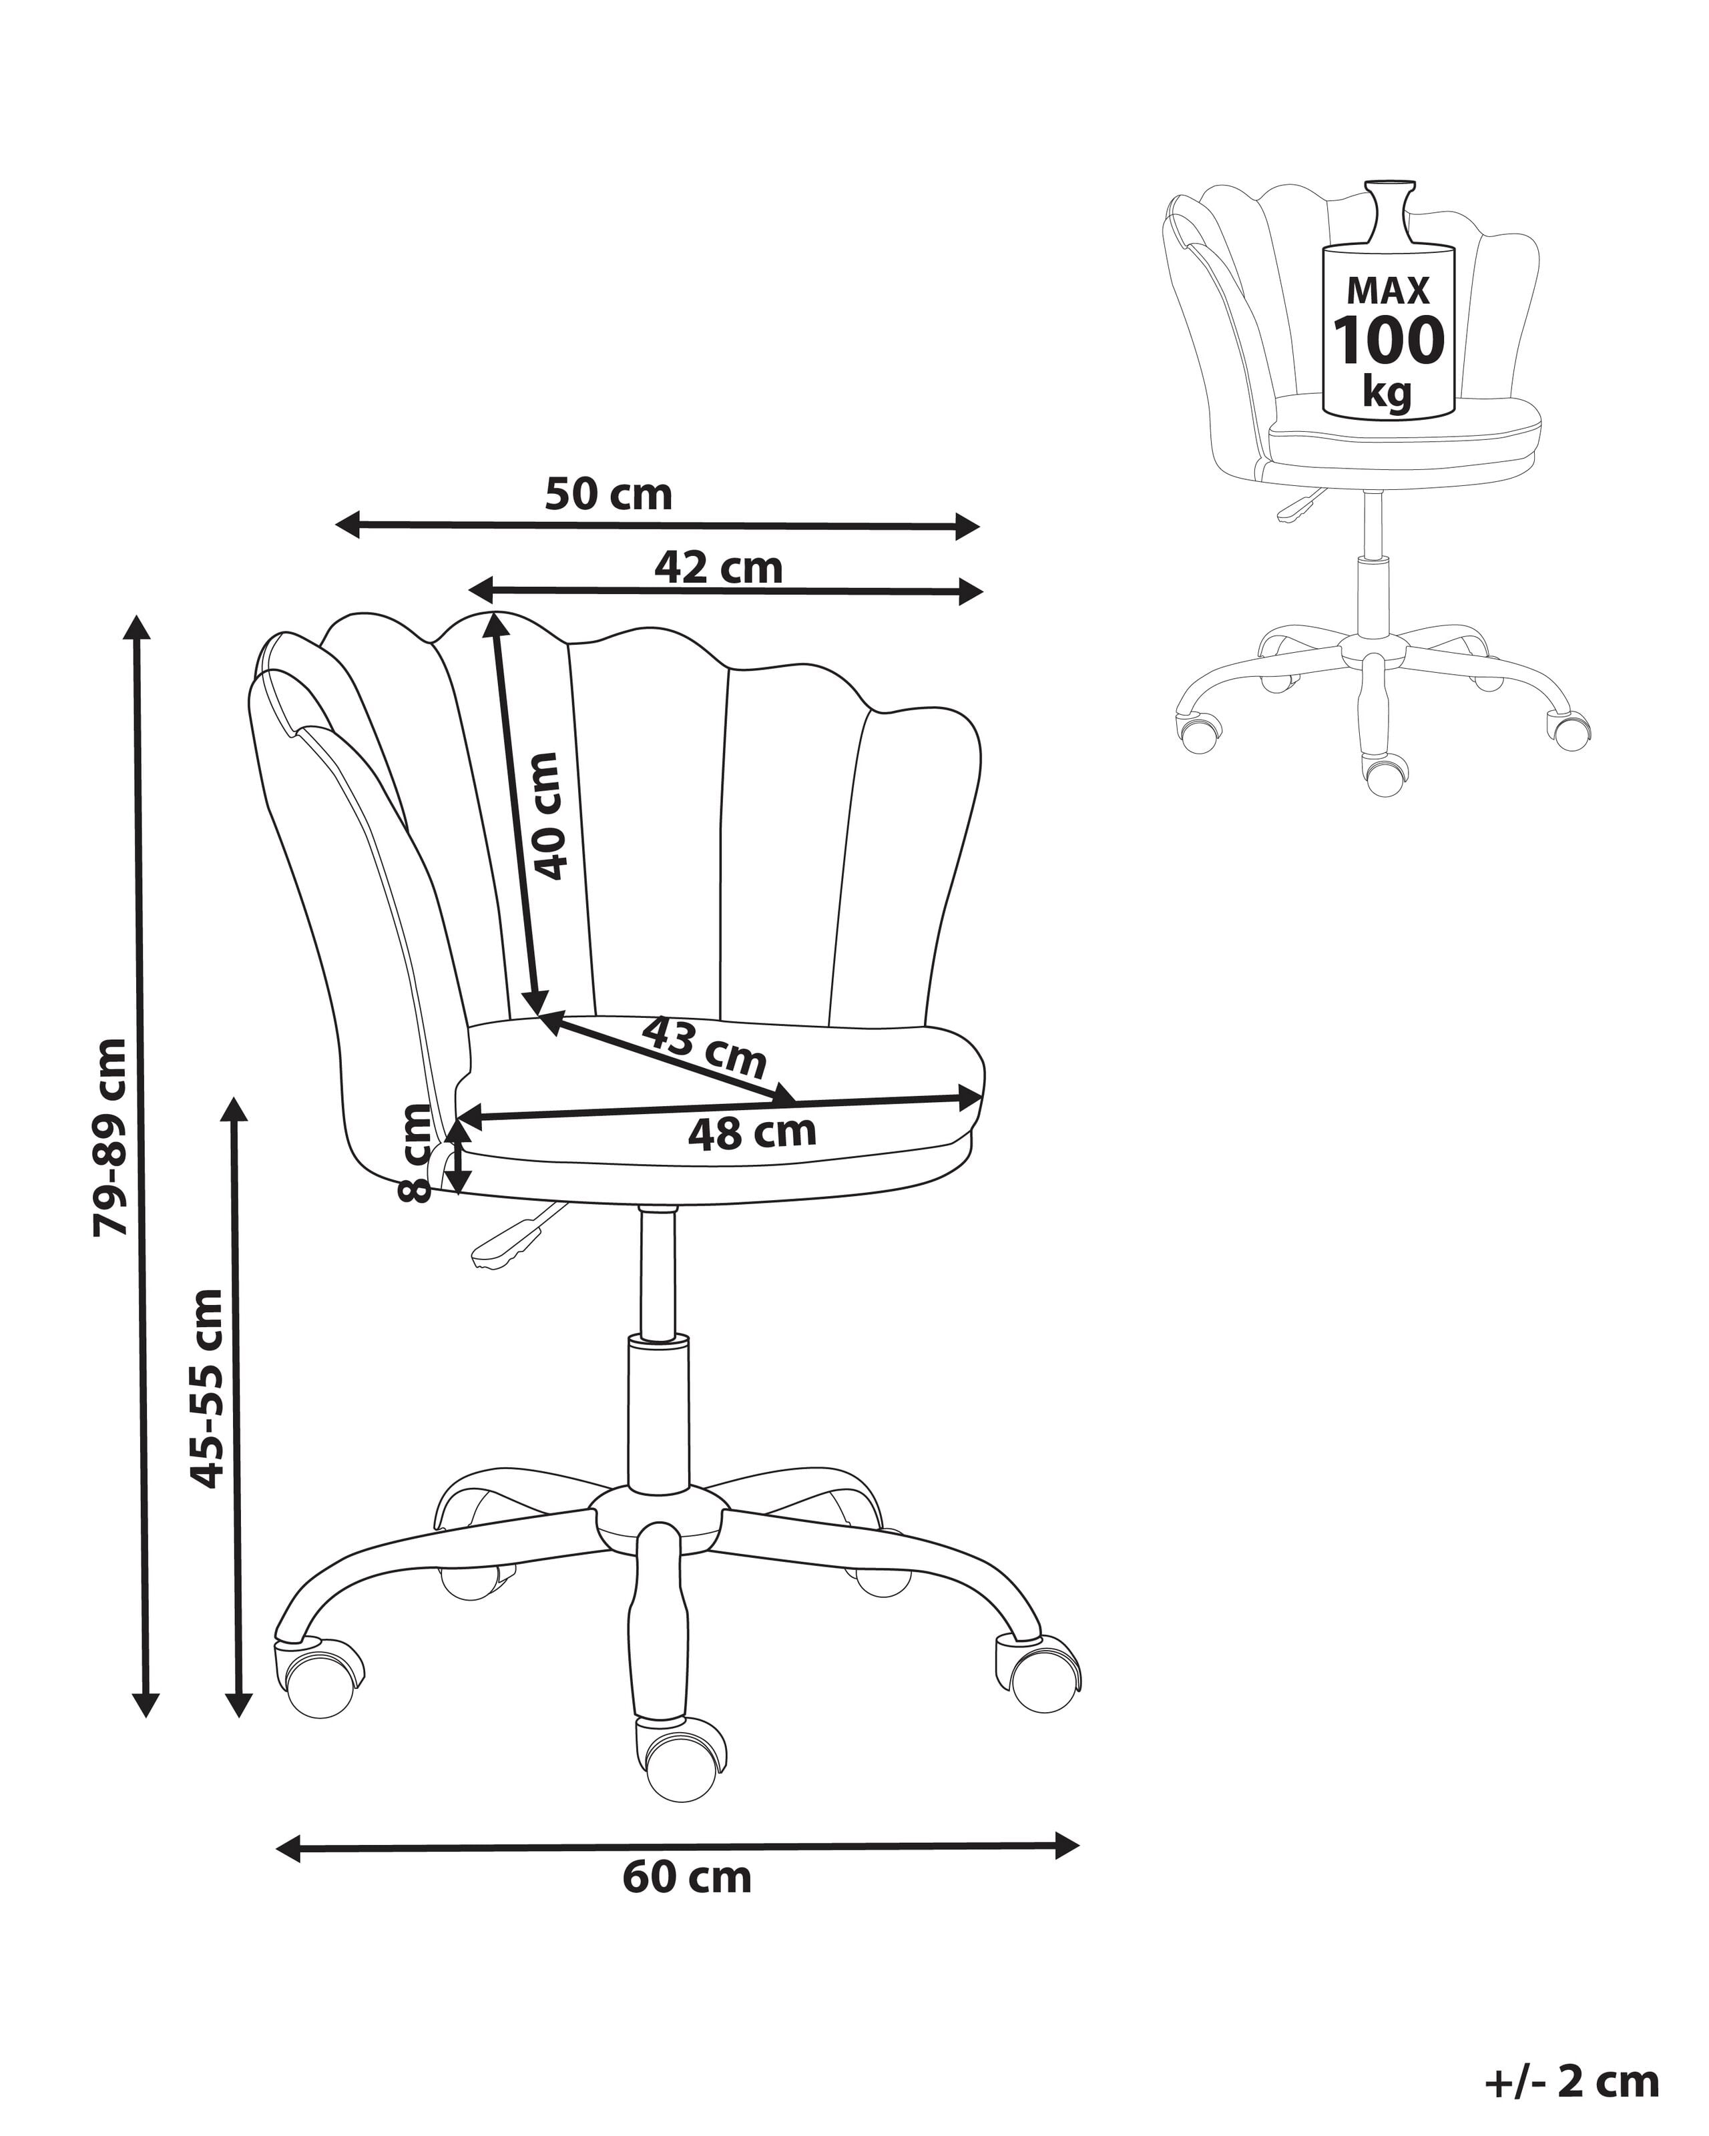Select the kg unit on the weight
click(x=1387, y=392)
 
